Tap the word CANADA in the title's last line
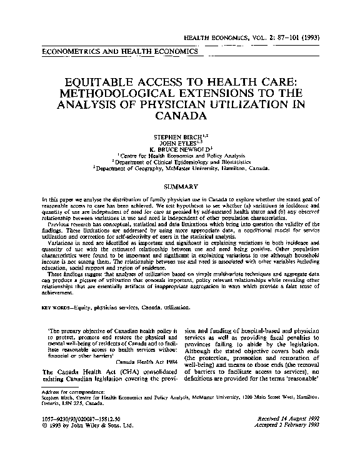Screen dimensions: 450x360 point(180,116)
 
